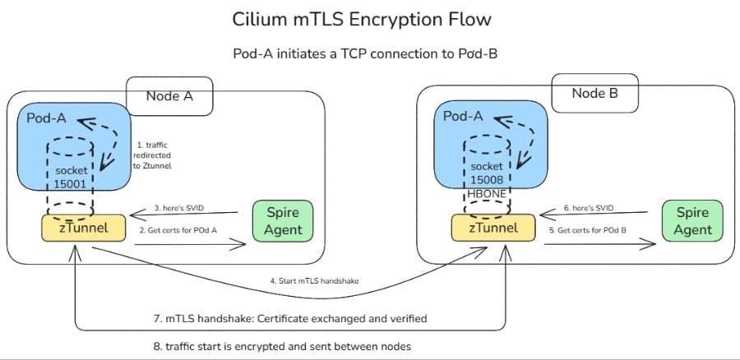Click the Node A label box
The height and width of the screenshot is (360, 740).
pos(169,95)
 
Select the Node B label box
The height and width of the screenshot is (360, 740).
pos(594,93)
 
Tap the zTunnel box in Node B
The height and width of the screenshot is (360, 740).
pos(493,227)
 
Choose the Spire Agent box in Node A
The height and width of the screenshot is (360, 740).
pos(282,221)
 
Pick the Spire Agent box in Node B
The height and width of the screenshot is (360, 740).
pos(691,221)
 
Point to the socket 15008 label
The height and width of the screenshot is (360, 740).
pos(488,173)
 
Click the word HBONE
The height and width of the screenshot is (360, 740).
pos(488,194)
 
